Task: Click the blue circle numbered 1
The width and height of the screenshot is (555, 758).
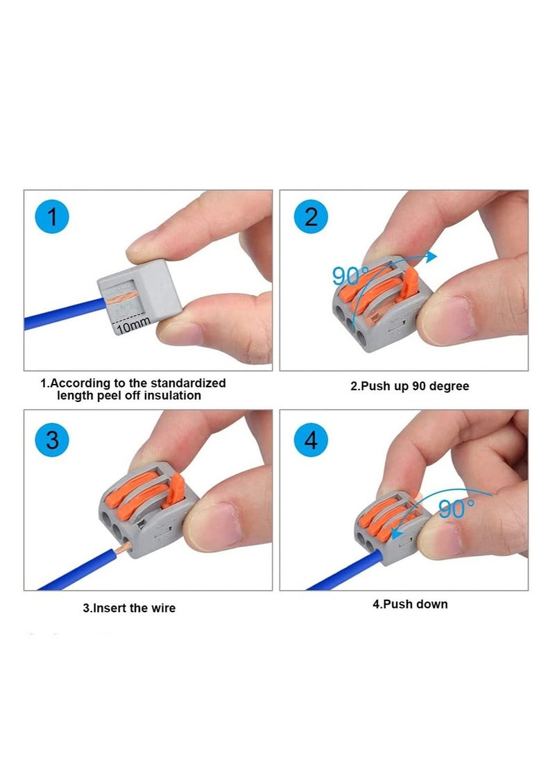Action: [52, 218]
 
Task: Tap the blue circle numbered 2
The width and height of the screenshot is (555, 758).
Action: [311, 217]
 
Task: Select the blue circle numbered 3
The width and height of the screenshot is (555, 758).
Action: [52, 439]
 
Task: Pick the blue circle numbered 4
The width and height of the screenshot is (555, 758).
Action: [311, 439]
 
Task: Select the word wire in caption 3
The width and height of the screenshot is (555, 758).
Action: [163, 608]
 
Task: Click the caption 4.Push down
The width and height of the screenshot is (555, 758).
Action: [410, 604]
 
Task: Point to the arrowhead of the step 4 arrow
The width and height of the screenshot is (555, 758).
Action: [395, 533]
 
